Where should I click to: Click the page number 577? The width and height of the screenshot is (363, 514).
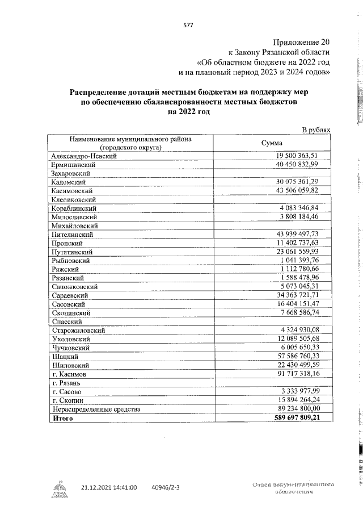click(x=189, y=24)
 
